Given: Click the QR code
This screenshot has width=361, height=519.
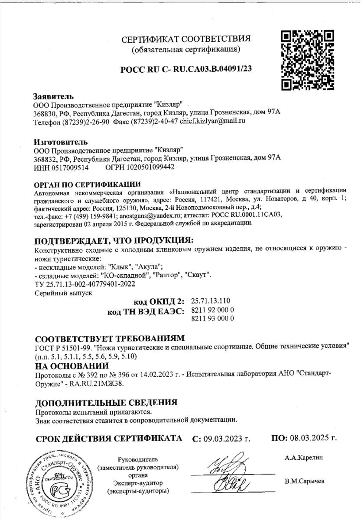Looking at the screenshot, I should coord(308,59).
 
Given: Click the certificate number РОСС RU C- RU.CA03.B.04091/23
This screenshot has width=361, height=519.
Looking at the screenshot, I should coord(186,69).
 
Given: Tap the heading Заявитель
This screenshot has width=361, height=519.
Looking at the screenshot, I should coord(53,96).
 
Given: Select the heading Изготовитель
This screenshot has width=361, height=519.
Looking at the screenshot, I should coord(60,142).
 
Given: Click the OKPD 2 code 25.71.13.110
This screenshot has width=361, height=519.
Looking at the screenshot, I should coord(211,301).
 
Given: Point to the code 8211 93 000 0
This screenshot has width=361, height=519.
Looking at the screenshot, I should coord(212,319).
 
